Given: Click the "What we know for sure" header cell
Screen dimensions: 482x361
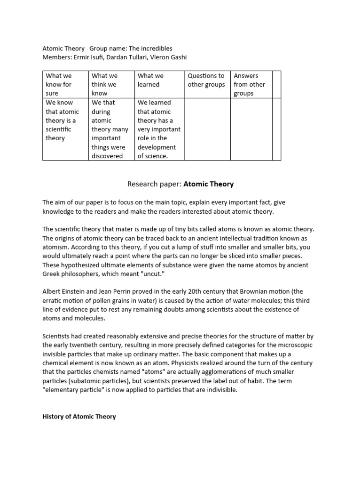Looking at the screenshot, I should (65, 84).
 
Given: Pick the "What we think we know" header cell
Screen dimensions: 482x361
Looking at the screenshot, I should (111, 84).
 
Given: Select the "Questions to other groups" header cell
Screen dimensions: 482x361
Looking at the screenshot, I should (206, 80).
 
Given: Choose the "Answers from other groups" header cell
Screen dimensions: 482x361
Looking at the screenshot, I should (251, 84).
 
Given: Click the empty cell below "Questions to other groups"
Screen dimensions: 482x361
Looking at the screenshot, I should (207, 129).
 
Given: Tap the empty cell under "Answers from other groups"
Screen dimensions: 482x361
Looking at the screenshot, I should (251, 129).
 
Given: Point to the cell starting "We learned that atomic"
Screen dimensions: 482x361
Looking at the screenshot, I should (159, 129).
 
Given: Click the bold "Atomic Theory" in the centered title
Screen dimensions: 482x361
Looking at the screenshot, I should (208, 184).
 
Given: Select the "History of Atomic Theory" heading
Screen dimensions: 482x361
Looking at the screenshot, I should (79, 417).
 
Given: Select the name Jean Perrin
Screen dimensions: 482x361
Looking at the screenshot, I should (120, 291).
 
